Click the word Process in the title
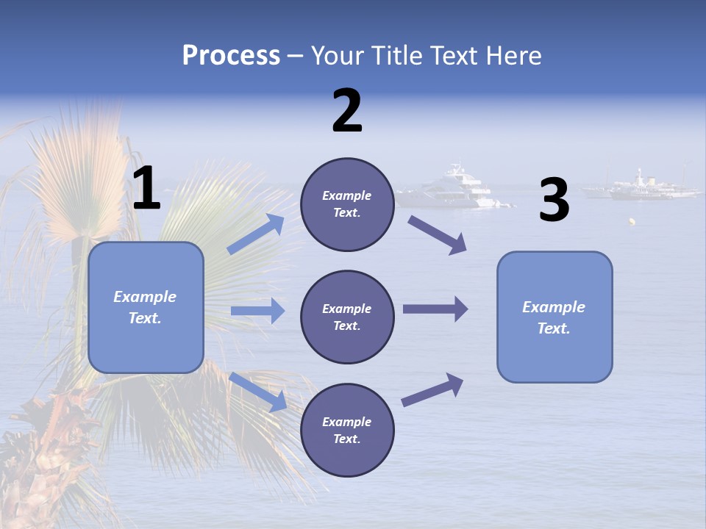[x=231, y=55]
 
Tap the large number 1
[x=146, y=188]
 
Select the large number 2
[x=347, y=111]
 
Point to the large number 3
[x=555, y=201]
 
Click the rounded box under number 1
[x=146, y=307]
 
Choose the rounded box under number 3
[x=555, y=317]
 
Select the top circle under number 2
[x=347, y=204]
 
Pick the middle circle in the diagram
[x=347, y=317]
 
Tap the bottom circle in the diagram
[x=347, y=430]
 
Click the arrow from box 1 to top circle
[x=256, y=234]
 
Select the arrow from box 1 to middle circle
[x=257, y=311]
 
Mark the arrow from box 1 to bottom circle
[x=258, y=392]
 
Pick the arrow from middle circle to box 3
[x=435, y=309]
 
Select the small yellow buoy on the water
[x=632, y=221]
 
